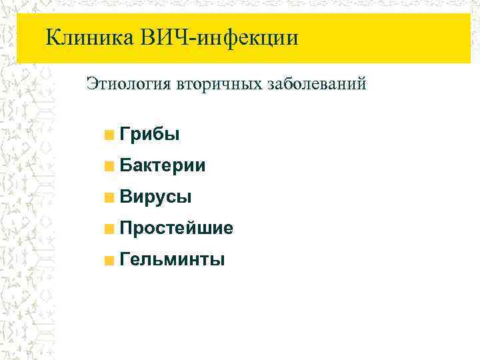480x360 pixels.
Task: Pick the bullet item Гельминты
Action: pyautogui.click(x=171, y=259)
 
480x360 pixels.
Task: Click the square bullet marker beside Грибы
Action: pyautogui.click(x=109, y=136)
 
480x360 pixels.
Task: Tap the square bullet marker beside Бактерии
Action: pyautogui.click(x=109, y=167)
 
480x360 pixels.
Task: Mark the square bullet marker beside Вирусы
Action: pyautogui.click(x=109, y=197)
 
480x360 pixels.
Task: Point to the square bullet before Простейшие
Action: pyautogui.click(x=109, y=229)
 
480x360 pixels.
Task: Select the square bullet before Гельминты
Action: pyautogui.click(x=109, y=259)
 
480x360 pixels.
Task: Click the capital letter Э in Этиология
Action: pyautogui.click(x=92, y=84)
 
